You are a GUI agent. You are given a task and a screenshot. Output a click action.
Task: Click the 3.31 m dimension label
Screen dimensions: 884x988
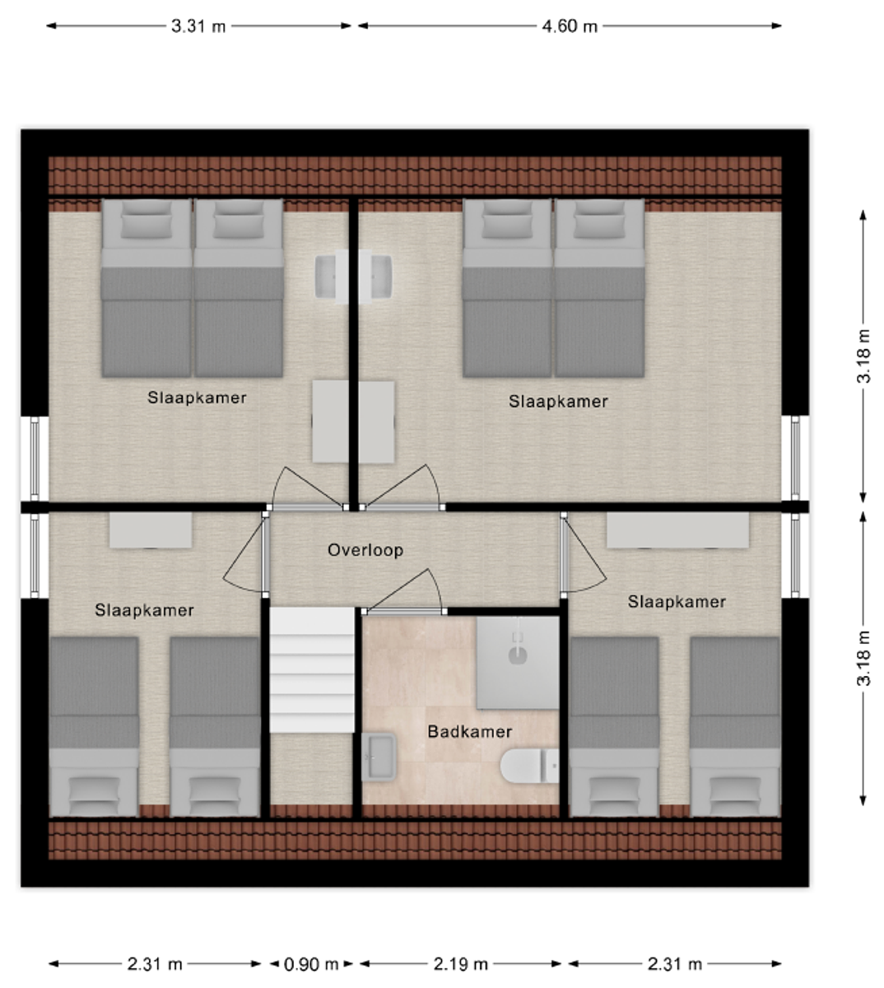pos(198,26)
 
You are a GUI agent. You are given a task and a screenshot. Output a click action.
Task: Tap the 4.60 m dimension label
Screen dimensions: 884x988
pos(570,26)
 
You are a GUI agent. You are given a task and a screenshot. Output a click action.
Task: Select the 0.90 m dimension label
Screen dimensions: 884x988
pos(311,964)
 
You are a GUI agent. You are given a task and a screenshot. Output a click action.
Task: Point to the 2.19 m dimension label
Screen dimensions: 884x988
pos(461,964)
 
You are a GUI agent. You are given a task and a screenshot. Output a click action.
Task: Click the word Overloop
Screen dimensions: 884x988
pos(365,550)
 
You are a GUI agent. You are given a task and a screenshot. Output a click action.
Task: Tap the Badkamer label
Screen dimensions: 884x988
pos(469,731)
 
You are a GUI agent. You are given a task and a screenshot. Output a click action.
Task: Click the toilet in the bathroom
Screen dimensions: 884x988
pos(529,767)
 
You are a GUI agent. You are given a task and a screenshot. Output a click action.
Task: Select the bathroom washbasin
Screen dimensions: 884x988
pos(379,757)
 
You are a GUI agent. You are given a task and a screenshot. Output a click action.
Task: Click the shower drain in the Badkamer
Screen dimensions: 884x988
pos(518,655)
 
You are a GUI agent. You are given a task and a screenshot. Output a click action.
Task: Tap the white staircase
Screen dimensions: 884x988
pos(312,669)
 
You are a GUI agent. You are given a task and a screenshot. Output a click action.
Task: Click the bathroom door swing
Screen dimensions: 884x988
pos(405,591)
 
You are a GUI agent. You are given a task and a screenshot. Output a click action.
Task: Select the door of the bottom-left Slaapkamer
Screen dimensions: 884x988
pos(244,555)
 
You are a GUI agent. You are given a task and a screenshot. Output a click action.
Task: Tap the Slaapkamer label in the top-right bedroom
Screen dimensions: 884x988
pos(558,401)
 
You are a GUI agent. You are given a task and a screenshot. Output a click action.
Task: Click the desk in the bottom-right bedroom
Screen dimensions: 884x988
pos(677,530)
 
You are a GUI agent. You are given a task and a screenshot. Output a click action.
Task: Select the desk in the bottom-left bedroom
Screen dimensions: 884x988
pos(150,530)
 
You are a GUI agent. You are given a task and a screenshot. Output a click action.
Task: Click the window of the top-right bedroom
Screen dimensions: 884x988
pos(795,458)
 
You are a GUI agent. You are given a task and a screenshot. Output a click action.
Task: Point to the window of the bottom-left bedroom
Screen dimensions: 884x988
pos(35,556)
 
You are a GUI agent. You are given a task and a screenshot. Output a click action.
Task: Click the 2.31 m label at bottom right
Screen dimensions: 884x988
pos(675,964)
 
